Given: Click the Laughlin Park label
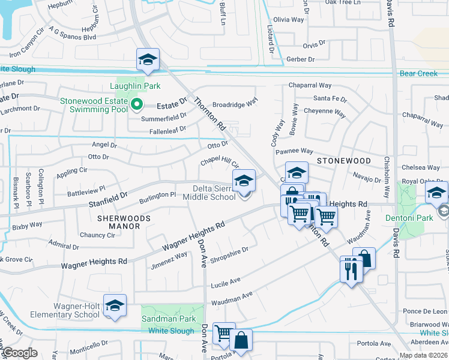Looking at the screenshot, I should pyautogui.click(x=134, y=86).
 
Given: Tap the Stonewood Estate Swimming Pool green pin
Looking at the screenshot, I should pyautogui.click(x=137, y=105).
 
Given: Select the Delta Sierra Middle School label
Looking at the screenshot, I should pyautogui.click(x=209, y=193).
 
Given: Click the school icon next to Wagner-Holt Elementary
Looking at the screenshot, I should pyautogui.click(x=115, y=305).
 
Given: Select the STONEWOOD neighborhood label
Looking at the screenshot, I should pyautogui.click(x=344, y=161).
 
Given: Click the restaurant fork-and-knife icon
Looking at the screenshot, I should pyautogui.click(x=351, y=269).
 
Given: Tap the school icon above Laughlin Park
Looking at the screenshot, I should pyautogui.click(x=148, y=59).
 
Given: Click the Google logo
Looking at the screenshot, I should pyautogui.click(x=19, y=353).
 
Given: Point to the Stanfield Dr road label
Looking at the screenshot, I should pyautogui.click(x=109, y=196).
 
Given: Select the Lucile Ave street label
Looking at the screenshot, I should pyautogui.click(x=226, y=280).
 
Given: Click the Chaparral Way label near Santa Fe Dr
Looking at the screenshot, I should pyautogui.click(x=310, y=86).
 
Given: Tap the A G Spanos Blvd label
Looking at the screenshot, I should pyautogui.click(x=73, y=37).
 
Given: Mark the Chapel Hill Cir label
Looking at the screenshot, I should pyautogui.click(x=220, y=163).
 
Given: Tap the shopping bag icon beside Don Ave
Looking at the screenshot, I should pyautogui.click(x=241, y=341).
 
